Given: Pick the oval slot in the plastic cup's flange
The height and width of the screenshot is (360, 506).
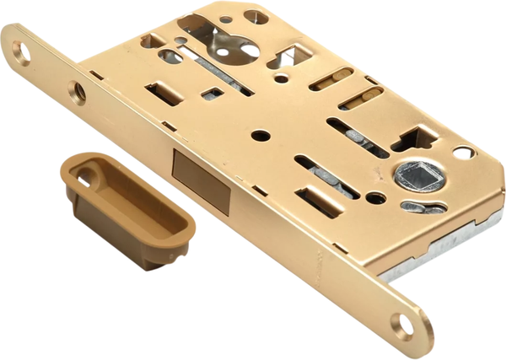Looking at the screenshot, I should click(x=88, y=177).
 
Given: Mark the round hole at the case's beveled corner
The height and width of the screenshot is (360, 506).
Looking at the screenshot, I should click(x=463, y=153).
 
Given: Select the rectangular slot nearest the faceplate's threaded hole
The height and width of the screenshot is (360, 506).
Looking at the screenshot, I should click(x=164, y=93).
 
